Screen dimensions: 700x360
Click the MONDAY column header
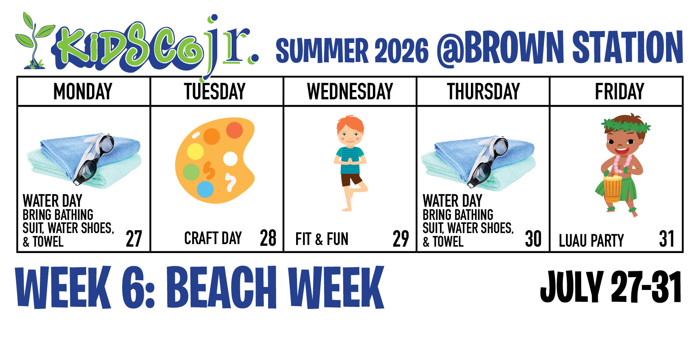coord(83,91)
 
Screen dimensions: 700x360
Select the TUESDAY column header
coord(215,91)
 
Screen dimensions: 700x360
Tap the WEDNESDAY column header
coord(350,91)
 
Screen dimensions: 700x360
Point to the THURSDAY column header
coord(484,91)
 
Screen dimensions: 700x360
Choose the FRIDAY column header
coord(619,91)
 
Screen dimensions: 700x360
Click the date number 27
coord(134,239)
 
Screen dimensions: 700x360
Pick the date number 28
coord(268,238)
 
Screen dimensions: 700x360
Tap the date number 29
coord(401,239)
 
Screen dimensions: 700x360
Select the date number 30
coord(533,239)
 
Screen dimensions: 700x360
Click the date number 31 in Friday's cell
coord(666,239)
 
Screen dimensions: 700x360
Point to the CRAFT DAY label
coord(213,238)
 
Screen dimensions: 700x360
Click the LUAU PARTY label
coord(591,241)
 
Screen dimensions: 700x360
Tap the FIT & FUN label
coord(322,239)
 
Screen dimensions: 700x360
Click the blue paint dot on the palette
coord(205,189)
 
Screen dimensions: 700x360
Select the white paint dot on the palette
coord(230,159)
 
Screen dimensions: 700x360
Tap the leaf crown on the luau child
coord(626,125)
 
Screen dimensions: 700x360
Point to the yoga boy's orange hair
coord(350,123)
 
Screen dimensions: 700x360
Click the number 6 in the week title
coord(133,287)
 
